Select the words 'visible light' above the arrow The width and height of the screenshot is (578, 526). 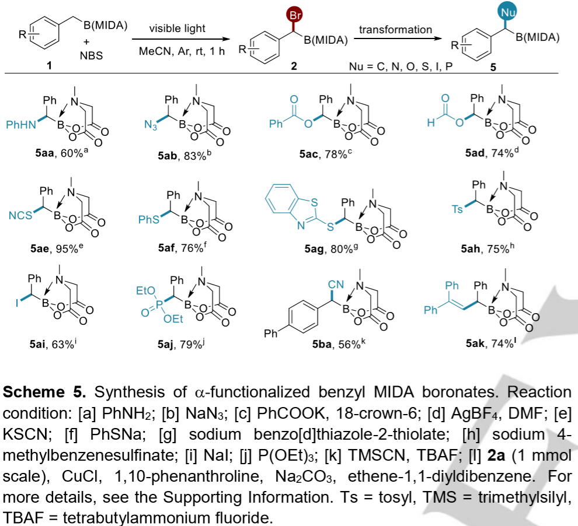(177, 29)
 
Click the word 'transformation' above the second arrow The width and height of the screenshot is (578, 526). (396, 29)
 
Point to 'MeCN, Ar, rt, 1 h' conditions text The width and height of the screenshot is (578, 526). (177, 51)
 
